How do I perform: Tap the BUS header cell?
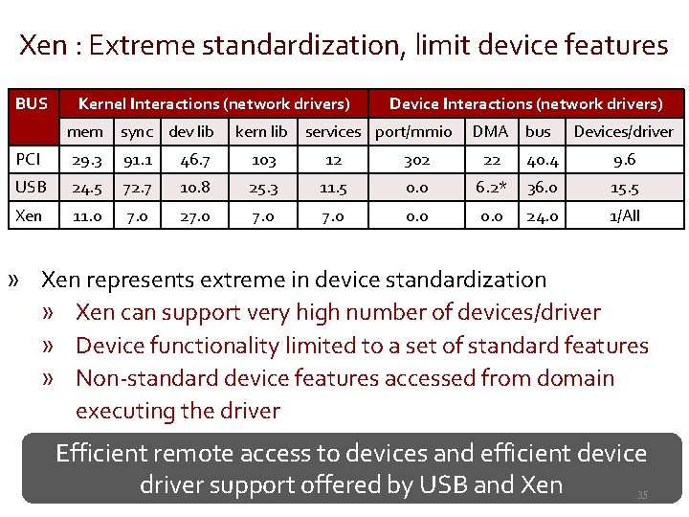click(x=32, y=103)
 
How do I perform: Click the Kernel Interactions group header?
click(x=213, y=103)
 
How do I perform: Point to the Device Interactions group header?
click(x=525, y=103)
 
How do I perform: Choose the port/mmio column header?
click(x=413, y=132)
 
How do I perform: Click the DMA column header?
click(x=490, y=132)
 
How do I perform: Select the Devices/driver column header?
click(x=623, y=132)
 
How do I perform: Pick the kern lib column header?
click(x=261, y=132)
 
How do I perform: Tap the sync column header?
click(x=137, y=132)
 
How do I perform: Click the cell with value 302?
click(x=416, y=160)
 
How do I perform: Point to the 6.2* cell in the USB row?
click(x=491, y=188)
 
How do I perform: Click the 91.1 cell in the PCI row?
click(x=137, y=160)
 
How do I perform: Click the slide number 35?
click(x=642, y=495)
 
